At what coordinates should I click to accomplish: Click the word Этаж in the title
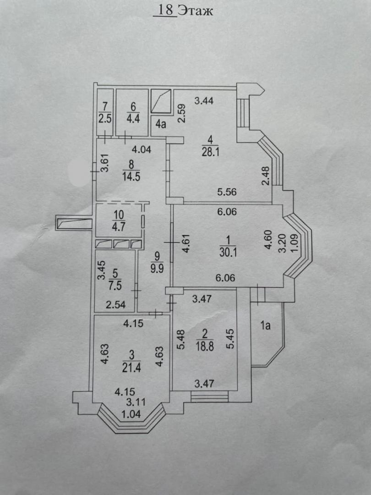point(196,10)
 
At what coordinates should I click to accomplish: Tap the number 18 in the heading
point(166,10)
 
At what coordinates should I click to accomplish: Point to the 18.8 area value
point(205,347)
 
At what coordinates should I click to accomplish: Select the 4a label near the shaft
point(160,123)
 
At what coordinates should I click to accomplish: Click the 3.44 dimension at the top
point(205,100)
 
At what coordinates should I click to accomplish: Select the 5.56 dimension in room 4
point(227,192)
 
